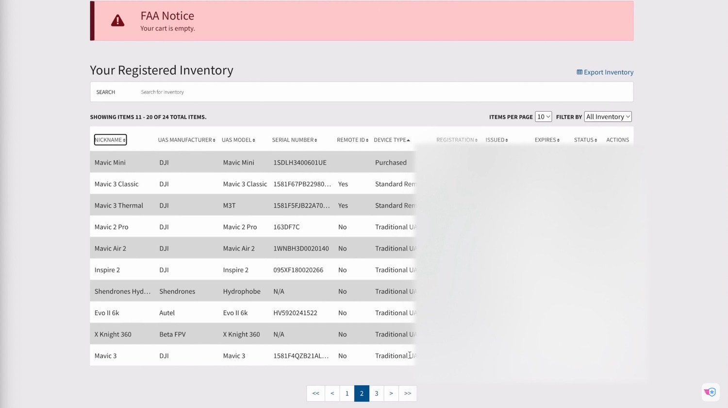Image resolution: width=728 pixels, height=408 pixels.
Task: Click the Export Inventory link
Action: pos(605,72)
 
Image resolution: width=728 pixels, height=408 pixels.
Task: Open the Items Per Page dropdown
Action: pos(543,117)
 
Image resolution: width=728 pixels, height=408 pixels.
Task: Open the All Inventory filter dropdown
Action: pos(608,117)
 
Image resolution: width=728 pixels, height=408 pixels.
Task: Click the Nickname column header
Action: pos(110,140)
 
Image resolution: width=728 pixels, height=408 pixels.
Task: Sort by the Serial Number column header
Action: pos(294,140)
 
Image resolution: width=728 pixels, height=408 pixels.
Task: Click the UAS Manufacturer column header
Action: pos(186,140)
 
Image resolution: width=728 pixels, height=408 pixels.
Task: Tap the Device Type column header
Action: pos(392,140)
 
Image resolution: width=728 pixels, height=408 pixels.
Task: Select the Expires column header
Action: pos(546,140)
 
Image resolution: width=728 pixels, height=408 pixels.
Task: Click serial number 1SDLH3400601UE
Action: pos(299,163)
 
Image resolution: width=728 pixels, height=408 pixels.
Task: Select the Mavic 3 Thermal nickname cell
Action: pos(119,205)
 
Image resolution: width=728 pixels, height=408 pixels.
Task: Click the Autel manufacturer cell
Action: pos(167,313)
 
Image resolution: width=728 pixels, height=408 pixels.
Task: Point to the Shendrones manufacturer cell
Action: pos(177,291)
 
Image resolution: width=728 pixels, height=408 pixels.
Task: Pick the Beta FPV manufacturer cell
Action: pos(172,334)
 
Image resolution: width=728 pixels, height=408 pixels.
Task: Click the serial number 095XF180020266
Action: pos(298,270)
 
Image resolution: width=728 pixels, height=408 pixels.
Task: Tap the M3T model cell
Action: pos(229,205)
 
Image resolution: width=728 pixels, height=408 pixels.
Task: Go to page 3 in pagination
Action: pos(376,393)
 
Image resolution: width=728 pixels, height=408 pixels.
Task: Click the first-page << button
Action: pos(315,393)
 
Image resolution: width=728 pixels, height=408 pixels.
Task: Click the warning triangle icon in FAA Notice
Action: pos(117,21)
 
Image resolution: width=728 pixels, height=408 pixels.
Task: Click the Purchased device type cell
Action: pos(391,163)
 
